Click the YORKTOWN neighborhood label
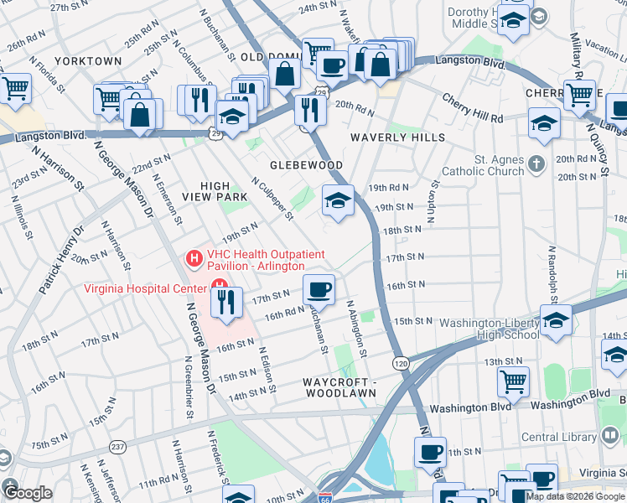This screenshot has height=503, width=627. (88, 61)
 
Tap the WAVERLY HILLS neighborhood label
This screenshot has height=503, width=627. (397, 137)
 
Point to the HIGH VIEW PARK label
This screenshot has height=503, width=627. (223, 190)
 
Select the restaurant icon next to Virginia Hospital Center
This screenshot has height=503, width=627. (225, 303)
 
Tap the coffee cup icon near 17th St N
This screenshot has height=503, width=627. (318, 289)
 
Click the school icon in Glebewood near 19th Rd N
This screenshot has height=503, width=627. (338, 200)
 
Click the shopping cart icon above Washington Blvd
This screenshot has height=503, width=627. (513, 381)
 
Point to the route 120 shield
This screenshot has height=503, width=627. (401, 362)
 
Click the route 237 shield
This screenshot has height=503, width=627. (118, 445)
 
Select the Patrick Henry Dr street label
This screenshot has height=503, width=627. (61, 260)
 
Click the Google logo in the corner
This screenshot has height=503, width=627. (28, 493)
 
